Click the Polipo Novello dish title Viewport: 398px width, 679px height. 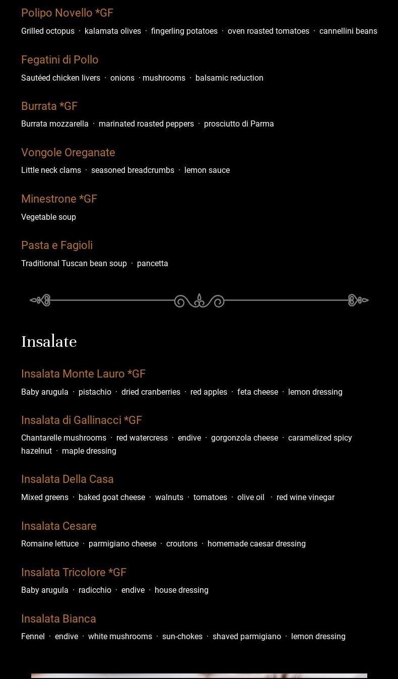tap(67, 13)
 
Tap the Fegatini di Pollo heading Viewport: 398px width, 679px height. tap(59, 60)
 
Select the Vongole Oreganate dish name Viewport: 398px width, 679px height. tap(68, 153)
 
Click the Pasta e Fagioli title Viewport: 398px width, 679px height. tap(57, 245)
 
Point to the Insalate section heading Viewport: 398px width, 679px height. tap(49, 342)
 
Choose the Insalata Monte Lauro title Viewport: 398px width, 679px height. tap(83, 374)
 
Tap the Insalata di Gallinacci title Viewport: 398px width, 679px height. tap(82, 420)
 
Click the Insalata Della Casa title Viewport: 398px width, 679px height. tap(68, 479)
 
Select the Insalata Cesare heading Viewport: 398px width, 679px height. tap(59, 526)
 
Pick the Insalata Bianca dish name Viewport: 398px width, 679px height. tap(58, 619)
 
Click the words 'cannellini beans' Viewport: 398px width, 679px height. tap(348, 31)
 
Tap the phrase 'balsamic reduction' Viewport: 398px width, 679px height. tap(229, 78)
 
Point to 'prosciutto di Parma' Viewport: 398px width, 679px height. tap(239, 124)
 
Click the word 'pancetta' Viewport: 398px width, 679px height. tap(153, 264)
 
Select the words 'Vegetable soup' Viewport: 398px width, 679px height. tap(48, 217)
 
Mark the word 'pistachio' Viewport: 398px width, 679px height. tap(95, 392)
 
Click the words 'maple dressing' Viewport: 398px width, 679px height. tap(89, 451)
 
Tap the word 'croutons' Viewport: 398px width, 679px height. tap(182, 544)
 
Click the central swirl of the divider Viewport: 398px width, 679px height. tap(199, 301)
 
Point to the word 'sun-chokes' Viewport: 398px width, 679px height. tap(182, 637)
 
